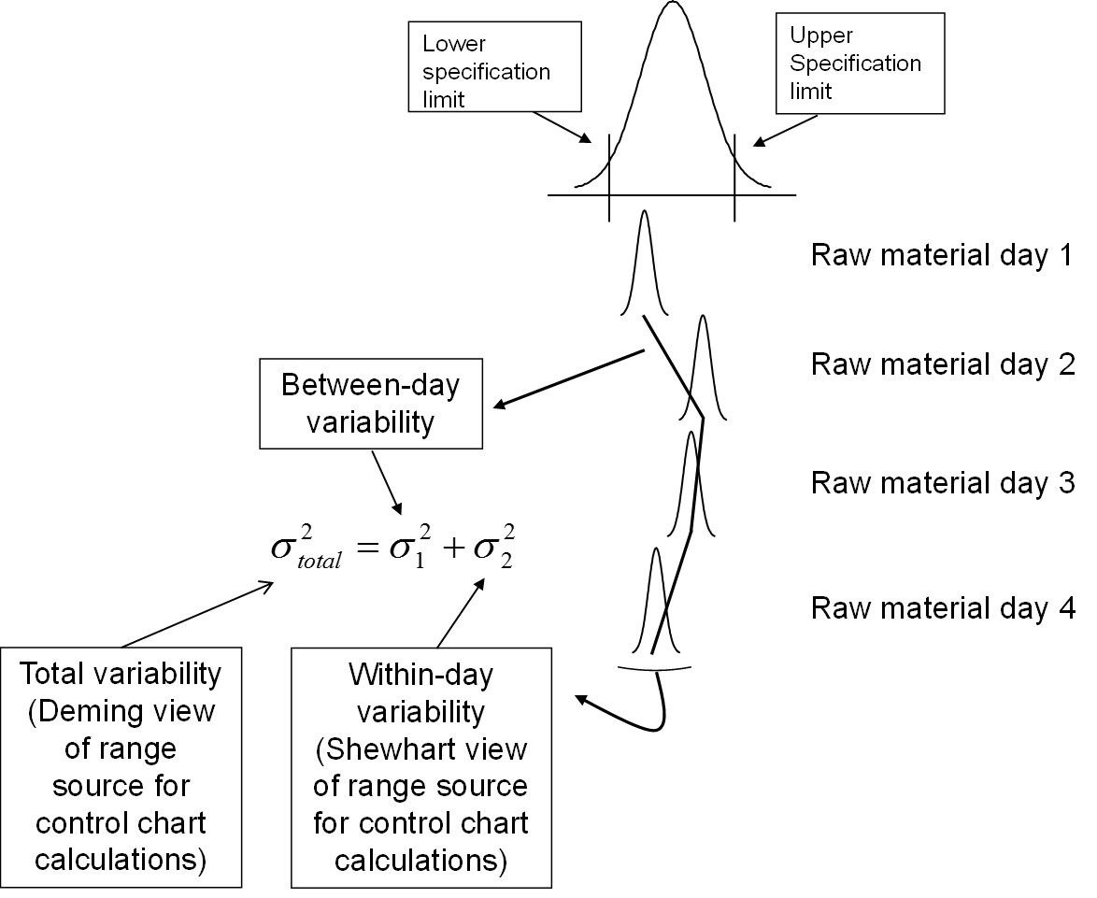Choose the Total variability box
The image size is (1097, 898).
point(122,763)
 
